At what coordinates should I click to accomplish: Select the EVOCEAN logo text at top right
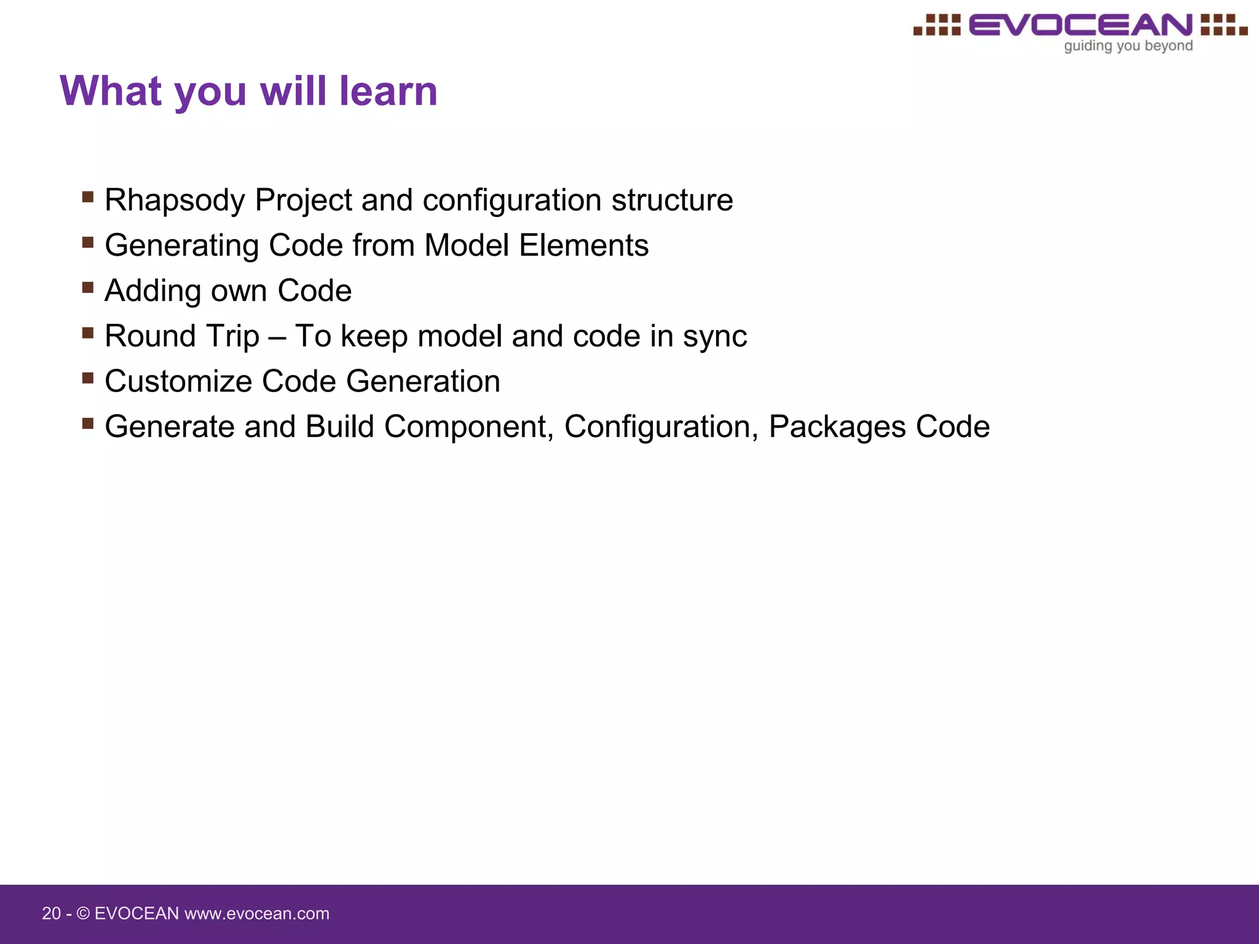[x=1080, y=25]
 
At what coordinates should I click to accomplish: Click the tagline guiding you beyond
[x=1128, y=46]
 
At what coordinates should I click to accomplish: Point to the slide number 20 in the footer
[x=51, y=913]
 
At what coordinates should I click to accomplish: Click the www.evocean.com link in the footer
[x=257, y=913]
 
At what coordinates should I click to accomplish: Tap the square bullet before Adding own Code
[x=88, y=288]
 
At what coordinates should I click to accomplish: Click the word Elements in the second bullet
[x=583, y=246]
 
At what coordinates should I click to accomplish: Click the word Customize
[x=178, y=382]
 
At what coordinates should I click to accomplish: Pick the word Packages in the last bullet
[x=837, y=427]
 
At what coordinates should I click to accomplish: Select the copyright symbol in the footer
[x=83, y=913]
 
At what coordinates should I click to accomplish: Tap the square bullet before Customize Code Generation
[x=88, y=378]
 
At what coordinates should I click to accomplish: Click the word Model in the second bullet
[x=467, y=246]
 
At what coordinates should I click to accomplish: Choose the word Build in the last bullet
[x=340, y=427]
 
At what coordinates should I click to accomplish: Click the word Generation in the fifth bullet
[x=423, y=382]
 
